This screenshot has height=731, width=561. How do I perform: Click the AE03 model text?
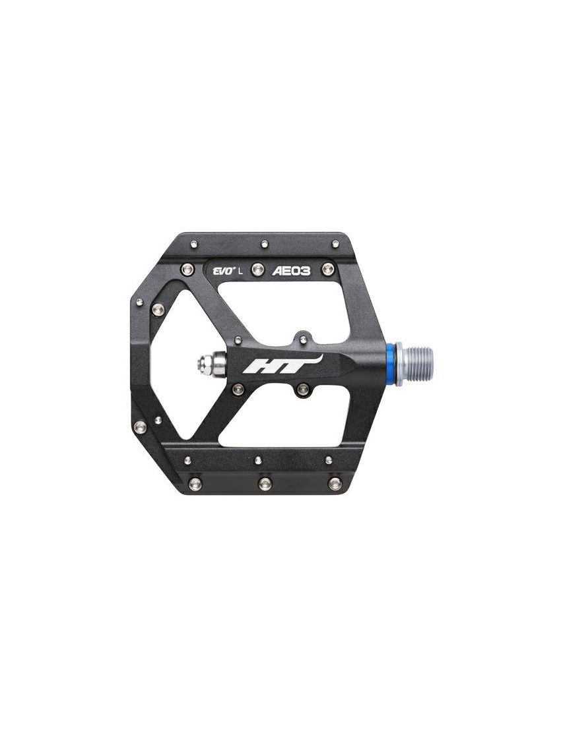291,271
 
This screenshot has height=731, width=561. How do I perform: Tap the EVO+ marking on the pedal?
222,272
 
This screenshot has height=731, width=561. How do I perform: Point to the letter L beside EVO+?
240,272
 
